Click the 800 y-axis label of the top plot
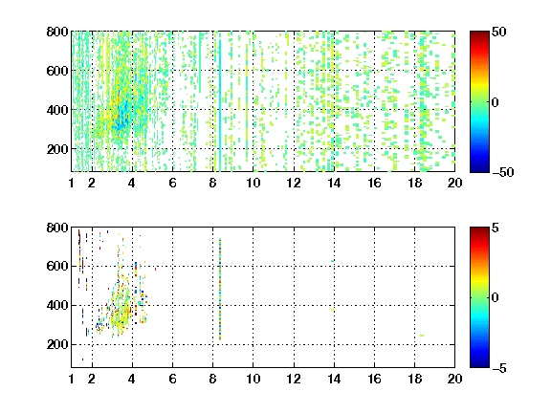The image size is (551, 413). tap(57, 32)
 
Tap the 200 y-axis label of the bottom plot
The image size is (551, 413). tap(57, 344)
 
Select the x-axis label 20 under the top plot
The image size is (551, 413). tap(454, 183)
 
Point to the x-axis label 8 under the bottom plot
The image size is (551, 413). tap(212, 379)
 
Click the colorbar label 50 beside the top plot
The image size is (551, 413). tap(499, 32)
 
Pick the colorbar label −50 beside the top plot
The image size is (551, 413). tap(503, 172)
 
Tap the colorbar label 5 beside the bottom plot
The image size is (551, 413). tap(496, 228)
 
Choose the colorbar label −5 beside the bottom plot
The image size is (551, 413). tap(499, 368)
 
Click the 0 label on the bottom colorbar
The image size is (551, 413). tap(496, 298)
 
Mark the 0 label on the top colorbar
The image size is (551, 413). tap(496, 102)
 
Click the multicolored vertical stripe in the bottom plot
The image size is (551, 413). tap(220, 289)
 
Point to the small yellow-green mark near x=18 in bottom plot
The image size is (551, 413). tap(422, 336)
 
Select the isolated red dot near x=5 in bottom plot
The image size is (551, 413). tap(155, 269)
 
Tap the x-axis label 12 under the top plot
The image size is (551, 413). tap(294, 183)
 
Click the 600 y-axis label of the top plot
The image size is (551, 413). tap(57, 71)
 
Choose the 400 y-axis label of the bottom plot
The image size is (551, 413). tap(57, 305)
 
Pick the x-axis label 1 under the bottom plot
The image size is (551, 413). tap(72, 379)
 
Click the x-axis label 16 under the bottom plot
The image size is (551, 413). tap(374, 379)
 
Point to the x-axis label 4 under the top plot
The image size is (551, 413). tap(132, 183)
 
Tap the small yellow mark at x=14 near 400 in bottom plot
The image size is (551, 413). tap(333, 310)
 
